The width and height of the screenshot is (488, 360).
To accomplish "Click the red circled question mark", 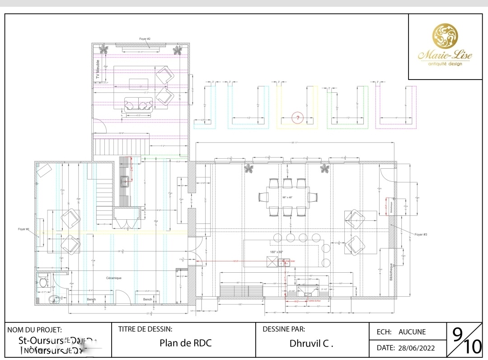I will [297, 118].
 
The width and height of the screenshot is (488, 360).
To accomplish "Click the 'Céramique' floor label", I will [114, 278].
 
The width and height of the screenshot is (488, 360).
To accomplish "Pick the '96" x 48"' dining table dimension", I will [288, 197].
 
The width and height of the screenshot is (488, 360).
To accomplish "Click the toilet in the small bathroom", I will [42, 282].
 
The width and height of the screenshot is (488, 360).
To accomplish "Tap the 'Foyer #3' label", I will [421, 235].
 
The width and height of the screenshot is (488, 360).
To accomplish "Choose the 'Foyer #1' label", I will [23, 230].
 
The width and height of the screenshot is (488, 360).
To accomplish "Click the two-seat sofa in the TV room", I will [138, 105].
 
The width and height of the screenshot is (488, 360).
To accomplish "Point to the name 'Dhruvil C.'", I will [311, 343].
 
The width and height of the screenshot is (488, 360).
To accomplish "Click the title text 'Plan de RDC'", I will [185, 343].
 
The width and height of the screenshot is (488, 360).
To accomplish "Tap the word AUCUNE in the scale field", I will [412, 332].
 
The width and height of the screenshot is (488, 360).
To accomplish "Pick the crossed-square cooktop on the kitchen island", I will [272, 262].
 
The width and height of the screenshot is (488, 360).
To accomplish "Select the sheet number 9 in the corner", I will [457, 335].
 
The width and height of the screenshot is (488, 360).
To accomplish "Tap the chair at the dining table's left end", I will [263, 197].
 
